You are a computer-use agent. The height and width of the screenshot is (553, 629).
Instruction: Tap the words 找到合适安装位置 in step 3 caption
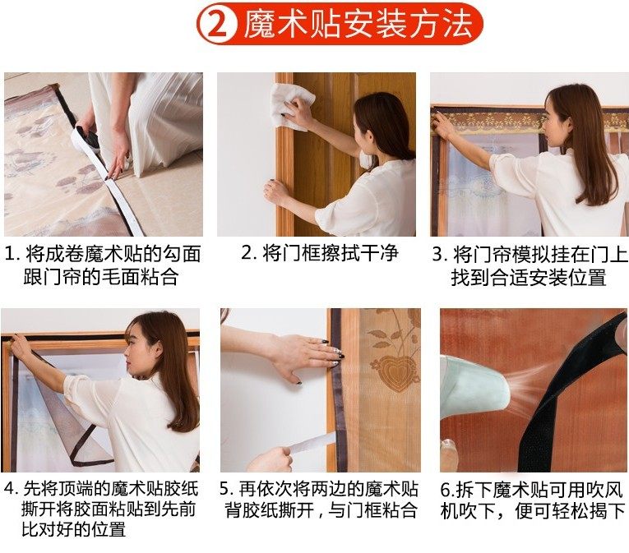pyautogui.click(x=528, y=278)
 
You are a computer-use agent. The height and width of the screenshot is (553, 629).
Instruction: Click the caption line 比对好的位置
pyautogui.click(x=74, y=529)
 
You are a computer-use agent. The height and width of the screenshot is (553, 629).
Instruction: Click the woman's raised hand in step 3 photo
pyautogui.click(x=444, y=124)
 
